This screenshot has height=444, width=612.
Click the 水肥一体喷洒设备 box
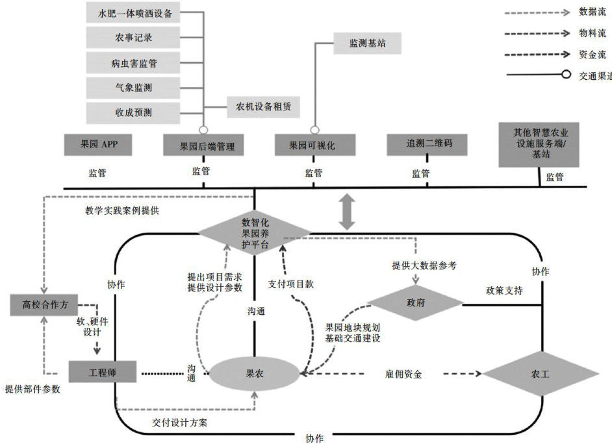tap(133, 12)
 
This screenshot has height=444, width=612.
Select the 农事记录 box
tap(133, 38)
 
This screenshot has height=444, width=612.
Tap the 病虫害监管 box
tap(133, 63)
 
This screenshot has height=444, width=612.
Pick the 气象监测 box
tap(133, 87)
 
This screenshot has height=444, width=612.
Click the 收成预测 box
tap(133, 112)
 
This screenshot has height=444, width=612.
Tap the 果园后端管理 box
tap(203, 147)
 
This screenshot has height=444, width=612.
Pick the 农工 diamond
tap(536, 375)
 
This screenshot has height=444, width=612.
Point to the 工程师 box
tap(102, 372)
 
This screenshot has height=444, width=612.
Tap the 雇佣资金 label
tap(403, 375)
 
